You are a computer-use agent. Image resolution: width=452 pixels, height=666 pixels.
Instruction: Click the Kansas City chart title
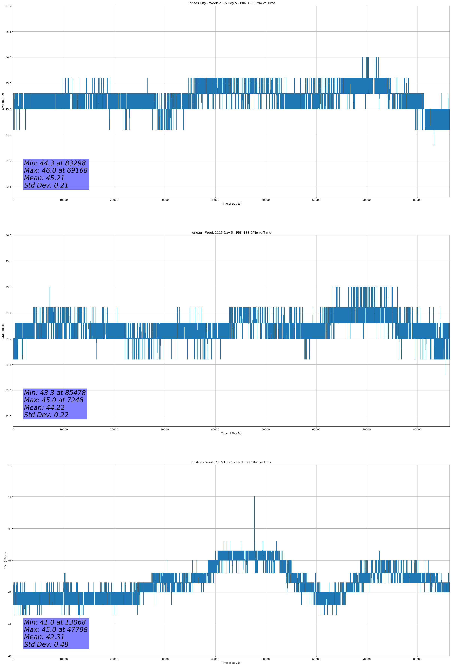tap(231, 3)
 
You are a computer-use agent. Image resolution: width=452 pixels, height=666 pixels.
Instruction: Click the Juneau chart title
tap(231, 233)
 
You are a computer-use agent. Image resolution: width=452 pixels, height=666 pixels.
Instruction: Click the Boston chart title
tap(231, 462)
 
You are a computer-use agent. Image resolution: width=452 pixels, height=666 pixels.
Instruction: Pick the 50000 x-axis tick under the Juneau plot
tap(265, 429)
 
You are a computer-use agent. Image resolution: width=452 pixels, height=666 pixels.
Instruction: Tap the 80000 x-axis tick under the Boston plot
tap(417, 659)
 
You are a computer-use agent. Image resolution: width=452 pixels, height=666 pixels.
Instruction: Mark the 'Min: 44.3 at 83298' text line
tap(55, 163)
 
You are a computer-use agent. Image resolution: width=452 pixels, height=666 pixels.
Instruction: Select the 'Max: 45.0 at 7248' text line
tap(54, 400)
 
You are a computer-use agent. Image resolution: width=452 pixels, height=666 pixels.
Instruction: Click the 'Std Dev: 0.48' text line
tap(46, 644)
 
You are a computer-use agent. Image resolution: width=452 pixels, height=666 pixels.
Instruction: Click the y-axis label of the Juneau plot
tap(3, 331)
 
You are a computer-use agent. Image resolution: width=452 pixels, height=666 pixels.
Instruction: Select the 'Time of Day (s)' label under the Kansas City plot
tap(231, 204)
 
